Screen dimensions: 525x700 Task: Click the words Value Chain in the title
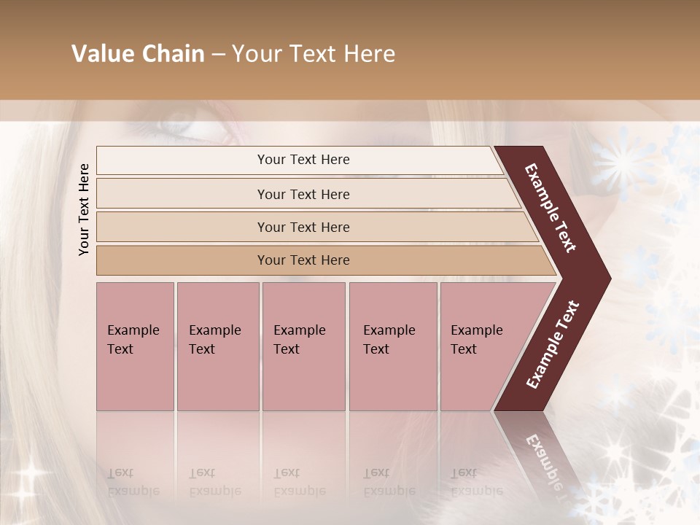coord(138,54)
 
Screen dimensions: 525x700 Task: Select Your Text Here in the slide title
coord(314,54)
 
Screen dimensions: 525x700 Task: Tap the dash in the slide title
coord(218,55)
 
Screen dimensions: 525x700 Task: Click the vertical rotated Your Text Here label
coord(84,210)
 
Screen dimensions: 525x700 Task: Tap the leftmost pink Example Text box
coord(135,346)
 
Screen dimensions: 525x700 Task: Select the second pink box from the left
coord(217,346)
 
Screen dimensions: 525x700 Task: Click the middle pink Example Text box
coord(303,346)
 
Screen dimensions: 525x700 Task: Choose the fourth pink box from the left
coord(392,346)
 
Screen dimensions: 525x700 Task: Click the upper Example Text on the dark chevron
coord(551,208)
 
